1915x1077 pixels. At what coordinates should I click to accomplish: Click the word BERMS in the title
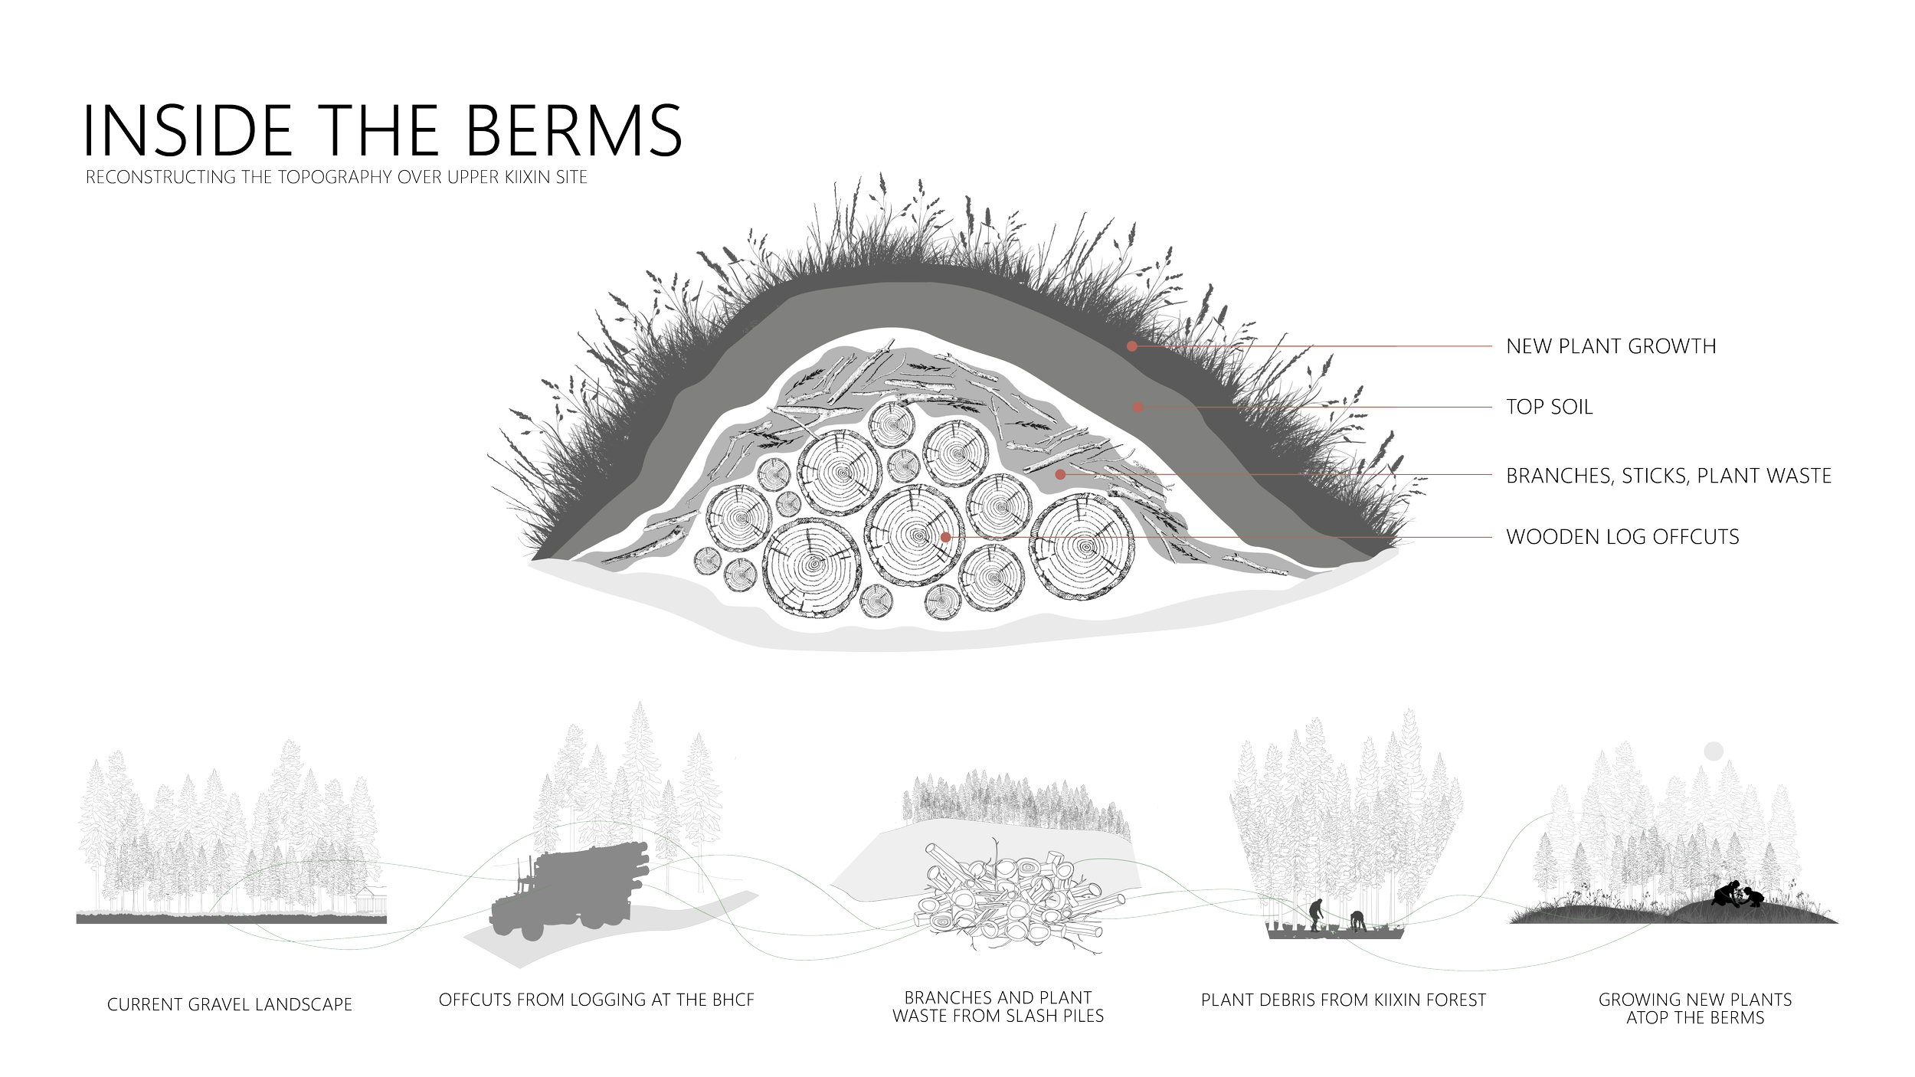coord(574,130)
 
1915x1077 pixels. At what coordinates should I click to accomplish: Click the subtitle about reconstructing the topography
coord(336,178)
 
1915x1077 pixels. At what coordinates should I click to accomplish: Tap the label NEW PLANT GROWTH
coord(1611,346)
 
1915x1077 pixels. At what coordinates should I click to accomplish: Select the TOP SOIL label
coord(1549,407)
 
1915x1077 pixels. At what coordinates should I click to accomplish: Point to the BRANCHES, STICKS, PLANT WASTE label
coord(1668,476)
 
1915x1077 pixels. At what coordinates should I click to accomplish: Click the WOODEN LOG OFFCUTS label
coord(1622,536)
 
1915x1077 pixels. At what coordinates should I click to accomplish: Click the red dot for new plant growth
coord(1131,346)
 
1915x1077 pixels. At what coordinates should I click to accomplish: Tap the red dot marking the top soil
coord(1138,407)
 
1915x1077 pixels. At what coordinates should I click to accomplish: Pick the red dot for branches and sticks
coord(1060,475)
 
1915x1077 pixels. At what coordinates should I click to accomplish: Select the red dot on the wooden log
coord(945,537)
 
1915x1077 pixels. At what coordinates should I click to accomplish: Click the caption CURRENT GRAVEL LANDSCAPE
coord(230,1003)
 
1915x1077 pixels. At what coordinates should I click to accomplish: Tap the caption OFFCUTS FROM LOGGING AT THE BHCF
coord(597,999)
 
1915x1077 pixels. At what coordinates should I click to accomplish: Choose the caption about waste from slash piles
coord(998,1007)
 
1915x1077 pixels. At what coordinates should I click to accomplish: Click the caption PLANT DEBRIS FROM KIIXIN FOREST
coord(1343,999)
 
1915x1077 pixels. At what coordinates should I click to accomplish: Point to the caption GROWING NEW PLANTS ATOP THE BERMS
coord(1694,1008)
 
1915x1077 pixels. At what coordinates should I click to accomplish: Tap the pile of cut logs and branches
coord(1011,904)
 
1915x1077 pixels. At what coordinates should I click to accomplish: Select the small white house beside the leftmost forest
coord(377,901)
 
